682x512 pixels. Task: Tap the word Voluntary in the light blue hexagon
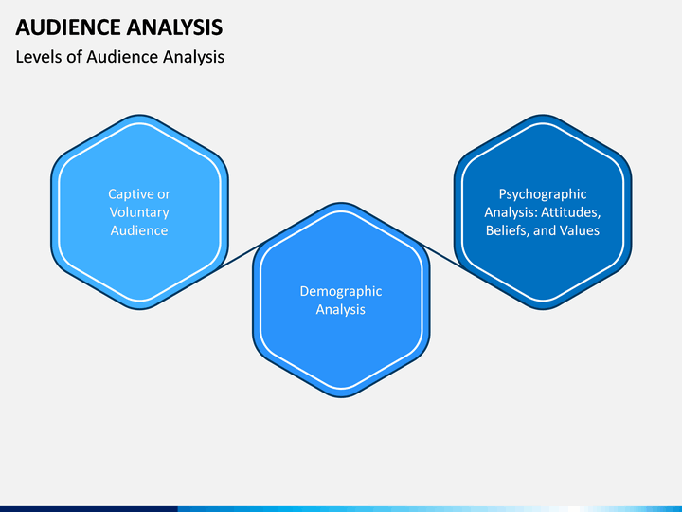(x=139, y=212)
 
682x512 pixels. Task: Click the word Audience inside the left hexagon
(x=139, y=230)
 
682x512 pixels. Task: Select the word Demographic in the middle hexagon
(x=341, y=291)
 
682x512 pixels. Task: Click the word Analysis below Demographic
(x=341, y=309)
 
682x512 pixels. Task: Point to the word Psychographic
(x=543, y=194)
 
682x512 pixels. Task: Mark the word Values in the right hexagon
(x=580, y=230)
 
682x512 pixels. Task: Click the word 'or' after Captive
(x=164, y=194)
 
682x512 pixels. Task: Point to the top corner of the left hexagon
(x=139, y=116)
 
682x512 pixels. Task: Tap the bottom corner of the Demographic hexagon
(x=341, y=396)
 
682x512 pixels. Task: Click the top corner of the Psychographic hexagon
(x=543, y=116)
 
